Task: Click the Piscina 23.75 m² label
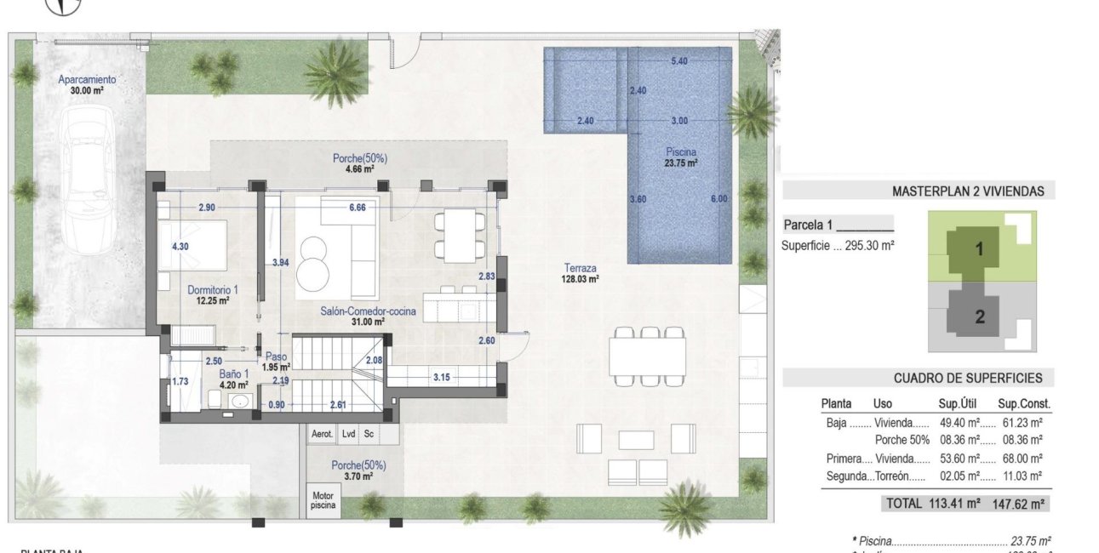click(x=681, y=157)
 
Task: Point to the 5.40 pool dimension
click(x=679, y=61)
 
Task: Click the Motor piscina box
click(x=323, y=500)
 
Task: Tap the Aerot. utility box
click(x=322, y=434)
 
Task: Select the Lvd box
click(x=348, y=434)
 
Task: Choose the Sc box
click(x=369, y=434)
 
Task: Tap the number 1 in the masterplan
click(x=979, y=250)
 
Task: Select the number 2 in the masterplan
click(x=980, y=317)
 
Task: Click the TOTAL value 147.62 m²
click(x=1020, y=504)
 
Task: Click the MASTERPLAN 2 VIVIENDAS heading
click(x=968, y=191)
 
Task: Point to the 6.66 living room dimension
click(x=358, y=208)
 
